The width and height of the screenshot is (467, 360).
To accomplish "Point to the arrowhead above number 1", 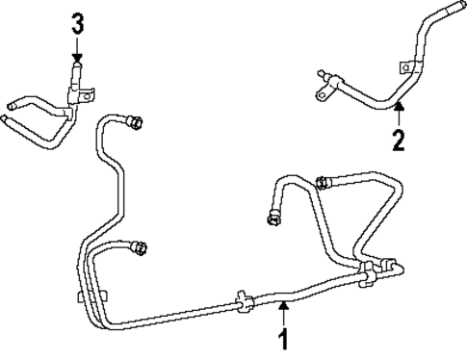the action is click(283, 306).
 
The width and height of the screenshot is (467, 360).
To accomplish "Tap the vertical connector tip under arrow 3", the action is click(76, 69).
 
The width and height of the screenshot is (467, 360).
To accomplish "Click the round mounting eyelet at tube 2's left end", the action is click(317, 91).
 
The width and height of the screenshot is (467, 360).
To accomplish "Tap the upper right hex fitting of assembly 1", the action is click(324, 180).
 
